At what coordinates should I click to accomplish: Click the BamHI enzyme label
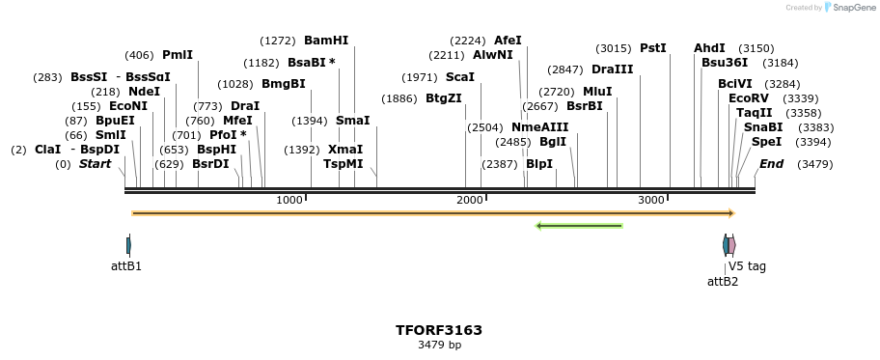(326, 41)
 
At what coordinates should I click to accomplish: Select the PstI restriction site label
(653, 48)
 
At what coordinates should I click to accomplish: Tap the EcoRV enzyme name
(749, 98)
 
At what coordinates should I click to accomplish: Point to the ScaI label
(460, 77)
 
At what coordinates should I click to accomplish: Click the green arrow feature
(579, 226)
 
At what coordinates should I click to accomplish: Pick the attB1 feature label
(126, 266)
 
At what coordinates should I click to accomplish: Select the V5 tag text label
(747, 266)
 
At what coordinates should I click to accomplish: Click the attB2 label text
(723, 282)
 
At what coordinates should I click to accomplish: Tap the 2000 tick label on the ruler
(470, 200)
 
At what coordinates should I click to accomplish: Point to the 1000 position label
(289, 200)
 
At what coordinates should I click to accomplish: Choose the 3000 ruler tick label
(651, 200)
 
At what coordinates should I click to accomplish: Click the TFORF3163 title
(439, 330)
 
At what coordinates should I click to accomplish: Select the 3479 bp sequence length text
(439, 345)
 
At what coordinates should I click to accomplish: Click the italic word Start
(96, 164)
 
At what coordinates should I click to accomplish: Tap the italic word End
(771, 164)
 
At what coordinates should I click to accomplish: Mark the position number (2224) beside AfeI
(468, 41)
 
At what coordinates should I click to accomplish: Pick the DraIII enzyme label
(613, 69)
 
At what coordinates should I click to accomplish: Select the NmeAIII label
(540, 127)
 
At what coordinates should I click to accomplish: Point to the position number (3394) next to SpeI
(814, 142)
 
